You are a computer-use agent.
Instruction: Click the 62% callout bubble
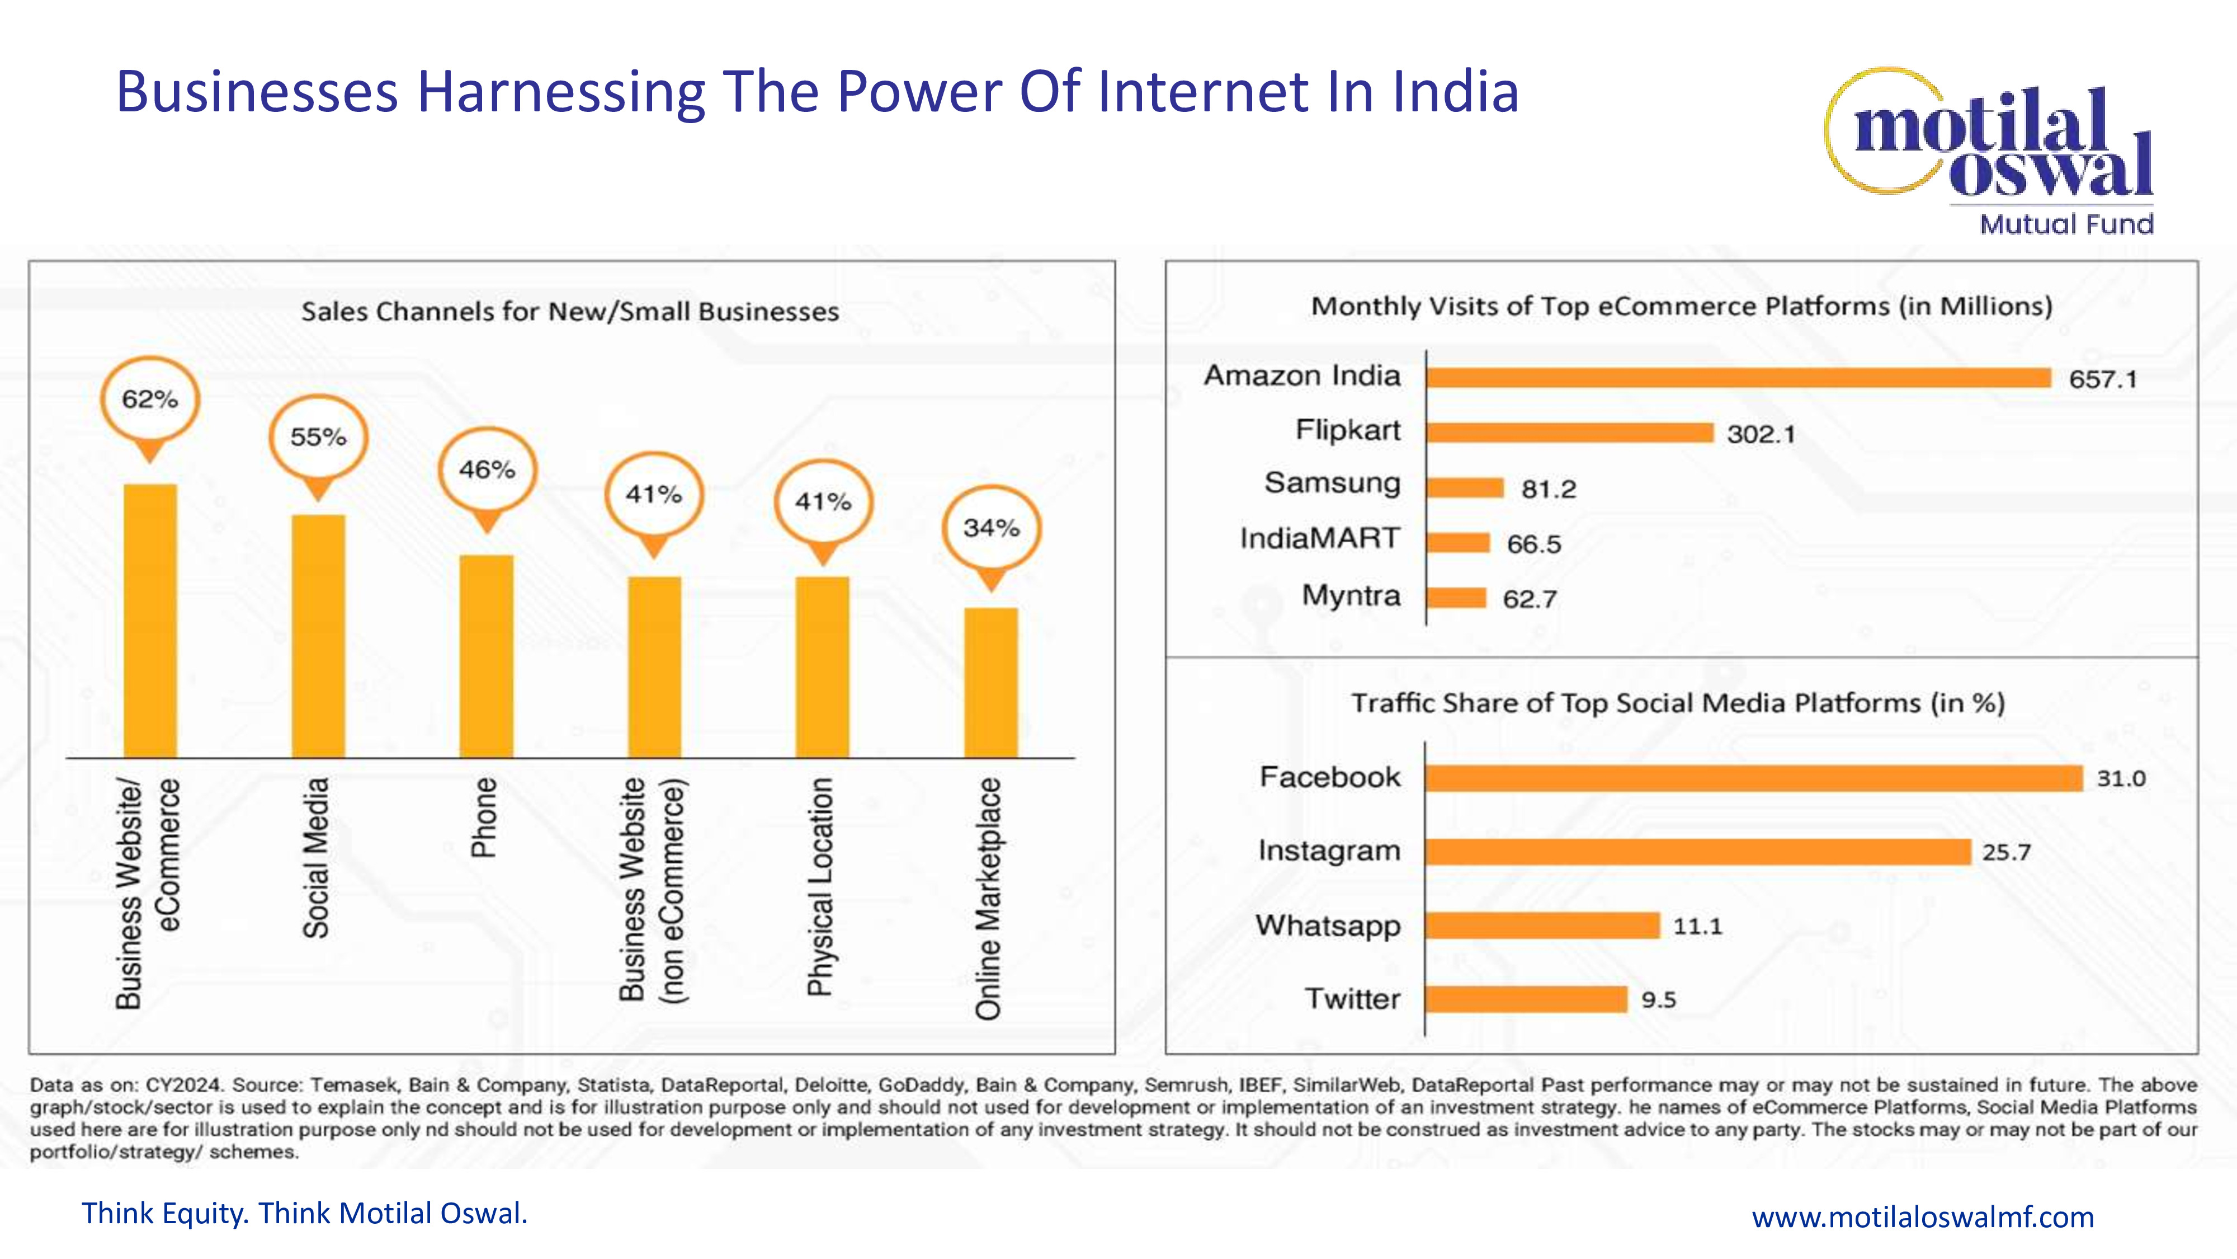[x=149, y=401]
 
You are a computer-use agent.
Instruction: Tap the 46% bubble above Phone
[x=487, y=470]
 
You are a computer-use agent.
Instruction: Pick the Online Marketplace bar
[x=991, y=682]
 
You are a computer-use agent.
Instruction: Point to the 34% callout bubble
[x=991, y=528]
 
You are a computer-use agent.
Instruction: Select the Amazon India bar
[x=1738, y=378]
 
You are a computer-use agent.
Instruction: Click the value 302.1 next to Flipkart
[x=1761, y=434]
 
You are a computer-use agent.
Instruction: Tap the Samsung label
[x=1332, y=483]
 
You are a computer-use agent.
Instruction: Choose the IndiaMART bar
[x=1458, y=543]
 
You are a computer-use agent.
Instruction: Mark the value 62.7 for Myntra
[x=1529, y=599]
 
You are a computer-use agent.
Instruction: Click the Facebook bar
[x=1753, y=778]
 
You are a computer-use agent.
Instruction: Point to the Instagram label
[x=1329, y=851]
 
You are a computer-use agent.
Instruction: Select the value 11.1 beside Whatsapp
[x=1697, y=926]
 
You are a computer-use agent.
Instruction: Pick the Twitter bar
[x=1526, y=999]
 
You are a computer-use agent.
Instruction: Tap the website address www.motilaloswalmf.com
[x=1923, y=1216]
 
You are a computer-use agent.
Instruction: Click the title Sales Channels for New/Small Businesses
[x=570, y=311]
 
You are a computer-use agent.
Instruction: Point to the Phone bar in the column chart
[x=487, y=656]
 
